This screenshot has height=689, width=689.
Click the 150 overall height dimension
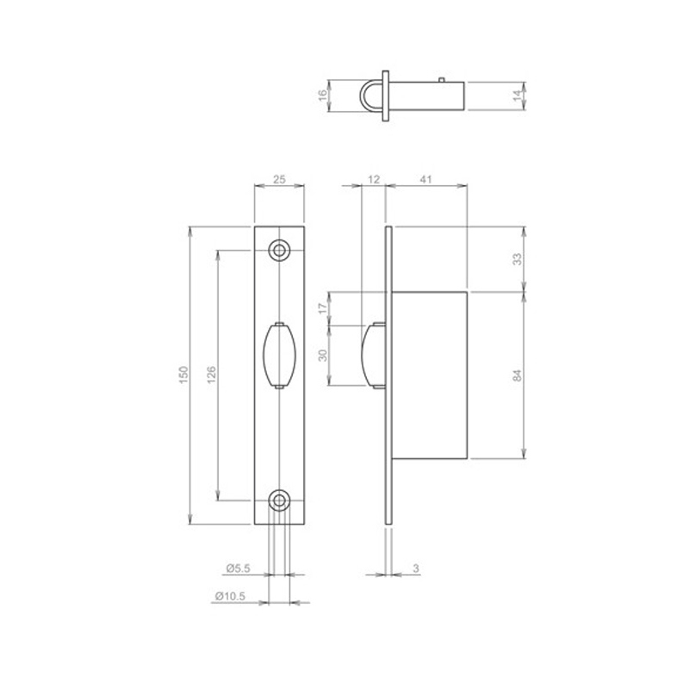(x=182, y=374)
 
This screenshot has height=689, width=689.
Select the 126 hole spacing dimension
(x=211, y=374)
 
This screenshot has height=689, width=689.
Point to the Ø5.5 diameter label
(x=237, y=568)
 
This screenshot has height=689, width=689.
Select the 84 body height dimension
(x=518, y=375)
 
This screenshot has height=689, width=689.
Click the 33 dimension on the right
(x=518, y=258)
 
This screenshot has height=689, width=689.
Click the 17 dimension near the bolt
(x=324, y=307)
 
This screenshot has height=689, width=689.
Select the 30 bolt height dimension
(x=324, y=354)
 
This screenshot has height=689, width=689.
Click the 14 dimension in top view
(x=518, y=94)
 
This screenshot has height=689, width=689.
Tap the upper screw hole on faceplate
(x=279, y=249)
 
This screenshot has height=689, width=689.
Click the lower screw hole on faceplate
(x=279, y=500)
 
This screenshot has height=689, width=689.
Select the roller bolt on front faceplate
(x=279, y=354)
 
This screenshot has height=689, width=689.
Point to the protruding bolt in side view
(x=373, y=354)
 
